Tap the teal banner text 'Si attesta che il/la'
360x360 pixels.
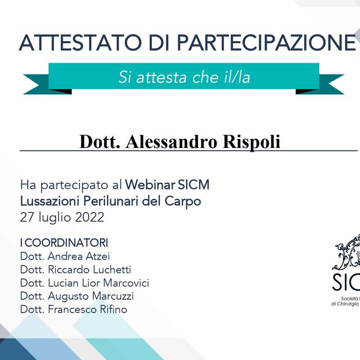(x=184, y=77)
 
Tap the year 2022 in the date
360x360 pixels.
(x=89, y=217)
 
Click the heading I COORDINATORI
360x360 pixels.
(x=64, y=243)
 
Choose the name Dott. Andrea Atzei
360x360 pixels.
(x=65, y=256)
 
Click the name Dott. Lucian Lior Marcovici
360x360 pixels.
(x=84, y=283)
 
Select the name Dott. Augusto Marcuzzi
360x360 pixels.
(x=77, y=296)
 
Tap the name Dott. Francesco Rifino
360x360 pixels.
(x=74, y=309)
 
